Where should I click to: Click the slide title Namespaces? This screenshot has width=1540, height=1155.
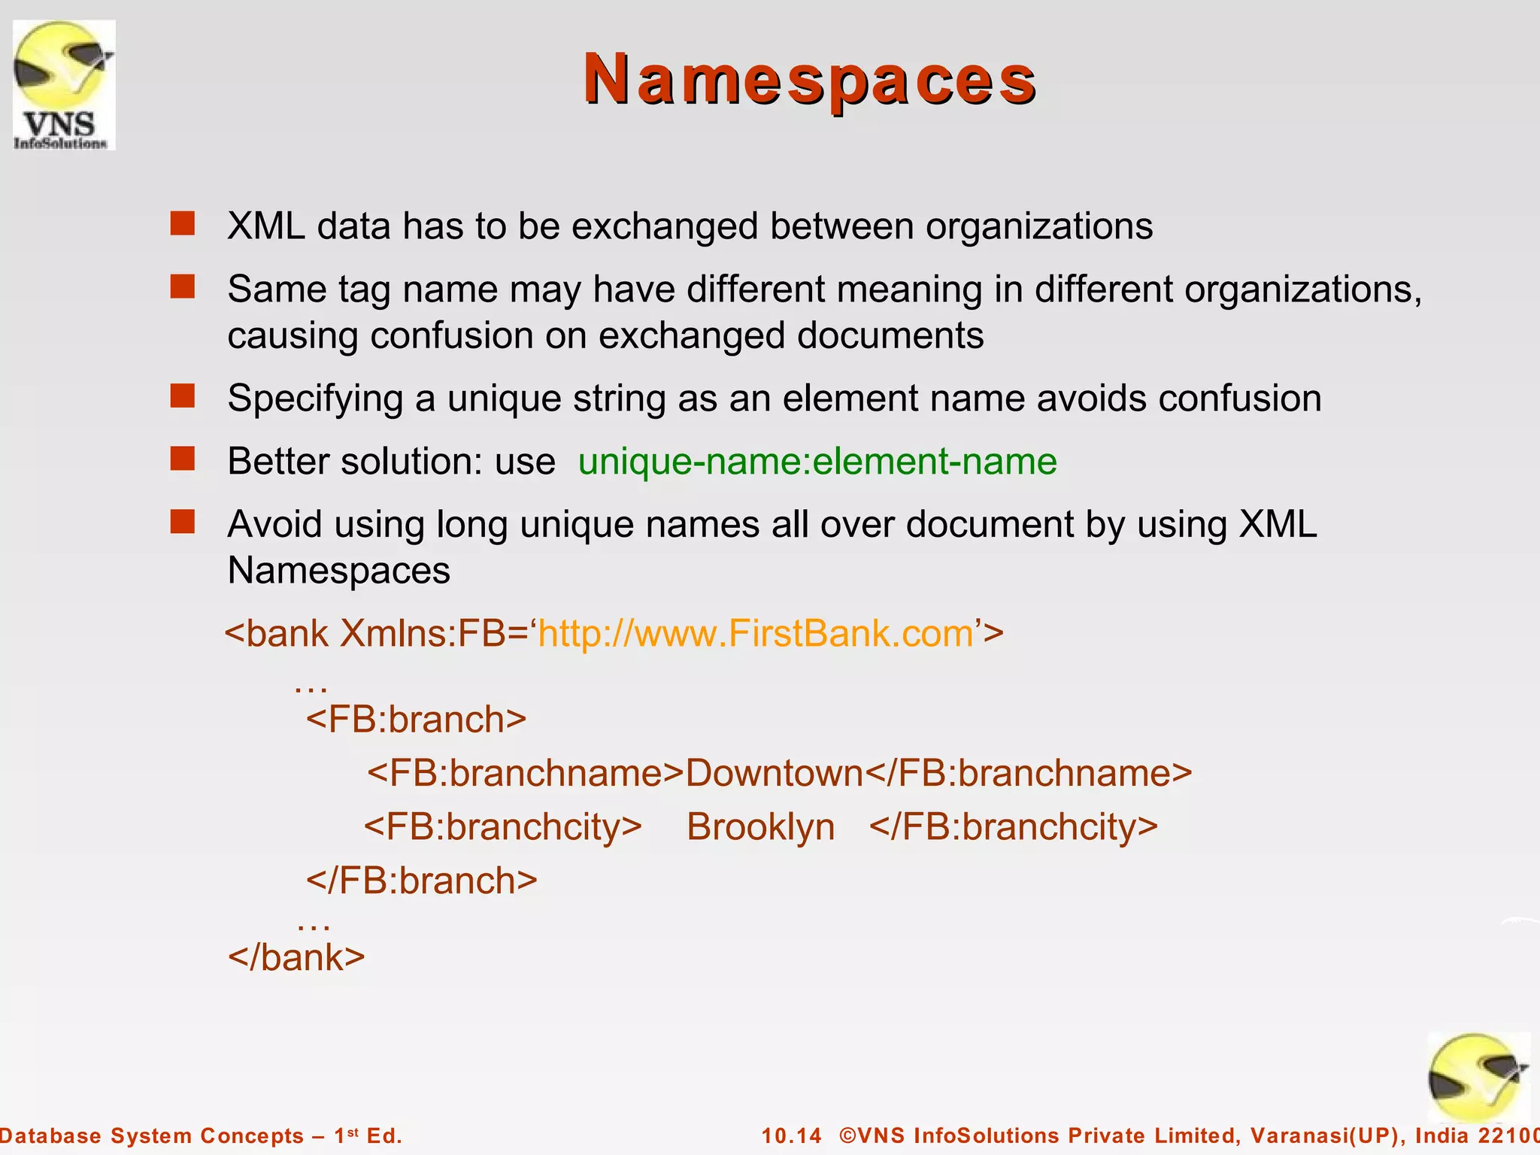[810, 80]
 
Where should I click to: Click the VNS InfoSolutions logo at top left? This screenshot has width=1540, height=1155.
[64, 85]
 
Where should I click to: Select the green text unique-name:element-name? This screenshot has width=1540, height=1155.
[817, 461]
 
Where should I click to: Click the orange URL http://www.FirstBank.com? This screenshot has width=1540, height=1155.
[756, 633]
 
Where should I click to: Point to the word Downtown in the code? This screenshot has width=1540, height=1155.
[775, 773]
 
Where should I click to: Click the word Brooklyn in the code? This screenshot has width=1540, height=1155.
[760, 827]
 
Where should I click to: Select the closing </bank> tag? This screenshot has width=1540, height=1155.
[296, 957]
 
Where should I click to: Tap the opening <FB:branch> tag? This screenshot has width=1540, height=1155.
[416, 719]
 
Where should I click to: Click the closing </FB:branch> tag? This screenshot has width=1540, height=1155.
[421, 881]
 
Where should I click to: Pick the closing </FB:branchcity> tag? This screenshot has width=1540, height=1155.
[1013, 827]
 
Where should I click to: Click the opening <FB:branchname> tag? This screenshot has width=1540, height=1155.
[525, 773]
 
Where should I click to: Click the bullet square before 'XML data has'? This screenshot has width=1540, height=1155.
[182, 223]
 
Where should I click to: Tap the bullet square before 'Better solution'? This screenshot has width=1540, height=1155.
[182, 458]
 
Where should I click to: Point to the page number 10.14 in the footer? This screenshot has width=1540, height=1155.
[792, 1135]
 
